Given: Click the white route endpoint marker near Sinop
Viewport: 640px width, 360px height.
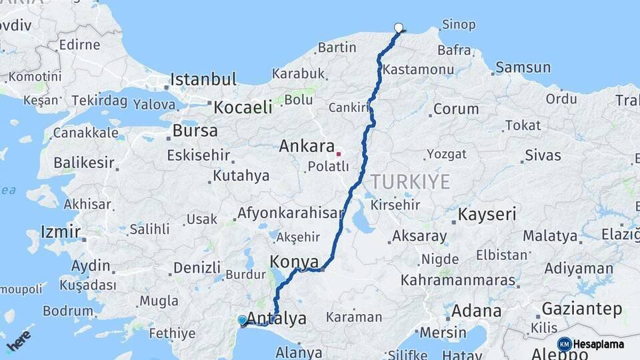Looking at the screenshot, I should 399,28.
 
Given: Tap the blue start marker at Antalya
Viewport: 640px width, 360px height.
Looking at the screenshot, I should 242,321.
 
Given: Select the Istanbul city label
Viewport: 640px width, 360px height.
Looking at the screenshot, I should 203,80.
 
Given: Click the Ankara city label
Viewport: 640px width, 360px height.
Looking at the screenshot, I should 307,146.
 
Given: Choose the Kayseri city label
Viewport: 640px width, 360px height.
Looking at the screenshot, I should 487,215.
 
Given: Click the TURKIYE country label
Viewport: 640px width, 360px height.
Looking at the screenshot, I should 411,181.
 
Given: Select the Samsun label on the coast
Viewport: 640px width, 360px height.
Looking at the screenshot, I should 523,67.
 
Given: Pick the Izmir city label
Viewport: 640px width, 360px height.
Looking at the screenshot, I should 60,232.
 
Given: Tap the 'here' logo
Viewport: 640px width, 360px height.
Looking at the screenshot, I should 19,341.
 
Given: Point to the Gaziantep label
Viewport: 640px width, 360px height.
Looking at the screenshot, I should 582,309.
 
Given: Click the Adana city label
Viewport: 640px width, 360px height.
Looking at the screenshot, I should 476,311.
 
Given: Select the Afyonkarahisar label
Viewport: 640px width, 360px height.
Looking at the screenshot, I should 291,214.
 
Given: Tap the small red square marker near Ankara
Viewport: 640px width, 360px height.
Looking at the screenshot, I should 339,153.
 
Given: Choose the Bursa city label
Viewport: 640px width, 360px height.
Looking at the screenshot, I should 195,131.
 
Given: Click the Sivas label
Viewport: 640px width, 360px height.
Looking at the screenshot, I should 543,155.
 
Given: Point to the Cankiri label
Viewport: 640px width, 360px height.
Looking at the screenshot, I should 349,107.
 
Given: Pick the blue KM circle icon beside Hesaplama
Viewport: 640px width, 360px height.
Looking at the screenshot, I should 565,344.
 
